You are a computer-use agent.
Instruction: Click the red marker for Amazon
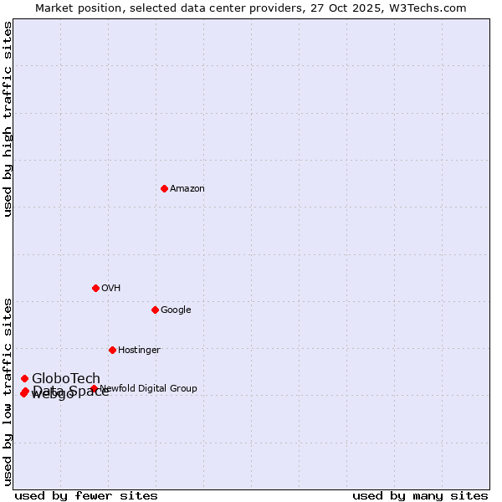[x=164, y=188]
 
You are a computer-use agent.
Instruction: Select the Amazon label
[x=187, y=189]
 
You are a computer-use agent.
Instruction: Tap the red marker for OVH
[x=95, y=288]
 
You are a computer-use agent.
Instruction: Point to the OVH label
[x=111, y=289]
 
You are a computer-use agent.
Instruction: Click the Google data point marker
[x=155, y=310]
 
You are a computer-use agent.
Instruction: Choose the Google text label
[x=176, y=310]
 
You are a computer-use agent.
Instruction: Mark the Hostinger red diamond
[x=112, y=350]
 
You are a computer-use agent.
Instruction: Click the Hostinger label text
[x=139, y=351]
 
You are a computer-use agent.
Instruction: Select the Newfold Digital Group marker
[x=94, y=388]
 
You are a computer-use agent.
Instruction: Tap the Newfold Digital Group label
[x=149, y=388]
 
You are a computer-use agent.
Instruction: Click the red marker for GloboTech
[x=24, y=378]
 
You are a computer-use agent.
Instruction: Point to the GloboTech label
[x=66, y=378]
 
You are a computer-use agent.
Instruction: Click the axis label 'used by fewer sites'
[x=86, y=496]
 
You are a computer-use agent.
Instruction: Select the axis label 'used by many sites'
[x=420, y=496]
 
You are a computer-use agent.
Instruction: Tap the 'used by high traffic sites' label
[x=8, y=119]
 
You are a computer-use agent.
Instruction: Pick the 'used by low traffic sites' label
[x=8, y=391]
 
